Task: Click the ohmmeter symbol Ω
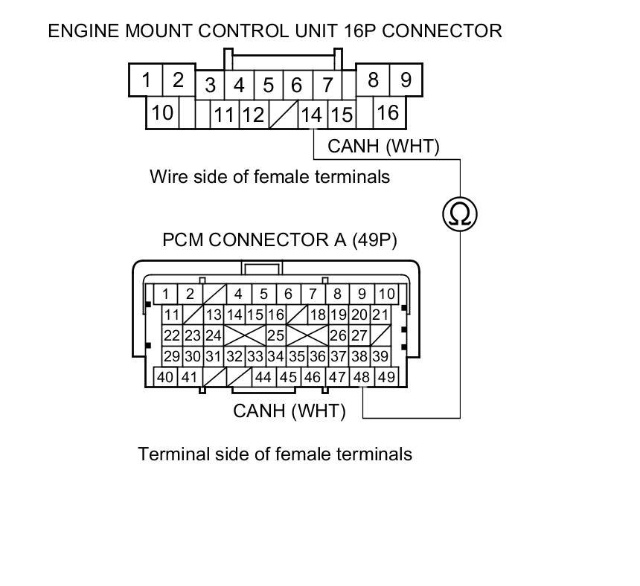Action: [x=459, y=214]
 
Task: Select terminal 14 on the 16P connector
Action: [x=312, y=115]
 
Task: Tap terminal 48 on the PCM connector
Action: [x=362, y=377]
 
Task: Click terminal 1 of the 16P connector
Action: [x=147, y=80]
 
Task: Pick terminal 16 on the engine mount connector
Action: [x=387, y=112]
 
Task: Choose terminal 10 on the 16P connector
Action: [x=161, y=113]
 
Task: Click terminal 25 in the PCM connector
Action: [x=275, y=335]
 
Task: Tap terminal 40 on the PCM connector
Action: [x=165, y=377]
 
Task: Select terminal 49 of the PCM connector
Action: [x=386, y=377]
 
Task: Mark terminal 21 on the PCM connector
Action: [x=380, y=315]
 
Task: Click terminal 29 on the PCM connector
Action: [x=172, y=356]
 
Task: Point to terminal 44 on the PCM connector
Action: [x=263, y=377]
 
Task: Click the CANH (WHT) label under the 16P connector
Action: [x=383, y=146]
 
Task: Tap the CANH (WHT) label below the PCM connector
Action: [x=289, y=410]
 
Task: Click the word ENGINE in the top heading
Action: [x=83, y=31]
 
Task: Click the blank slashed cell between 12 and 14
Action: [x=283, y=115]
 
